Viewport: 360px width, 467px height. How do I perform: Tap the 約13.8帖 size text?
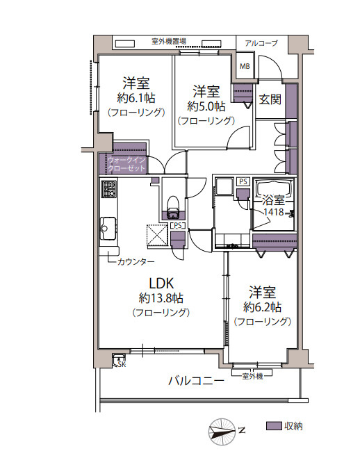point(161,298)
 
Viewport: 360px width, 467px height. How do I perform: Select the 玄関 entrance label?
point(270,99)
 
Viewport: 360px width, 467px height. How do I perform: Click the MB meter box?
point(245,67)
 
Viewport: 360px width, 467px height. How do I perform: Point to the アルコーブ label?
point(261,43)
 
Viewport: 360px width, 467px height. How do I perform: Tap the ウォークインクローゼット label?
point(126,165)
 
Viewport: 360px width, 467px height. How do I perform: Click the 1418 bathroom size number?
point(273,213)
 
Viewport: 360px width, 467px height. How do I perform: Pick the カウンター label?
point(136,261)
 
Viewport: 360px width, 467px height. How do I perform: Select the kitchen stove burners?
point(109,188)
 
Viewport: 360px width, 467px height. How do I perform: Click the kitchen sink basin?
point(108,225)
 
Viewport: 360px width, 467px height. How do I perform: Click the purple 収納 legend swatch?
point(274,425)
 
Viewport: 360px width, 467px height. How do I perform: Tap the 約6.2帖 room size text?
point(262,306)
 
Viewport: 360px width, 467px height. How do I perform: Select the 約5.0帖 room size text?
point(206,106)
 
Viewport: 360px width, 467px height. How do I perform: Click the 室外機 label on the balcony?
point(252,376)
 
